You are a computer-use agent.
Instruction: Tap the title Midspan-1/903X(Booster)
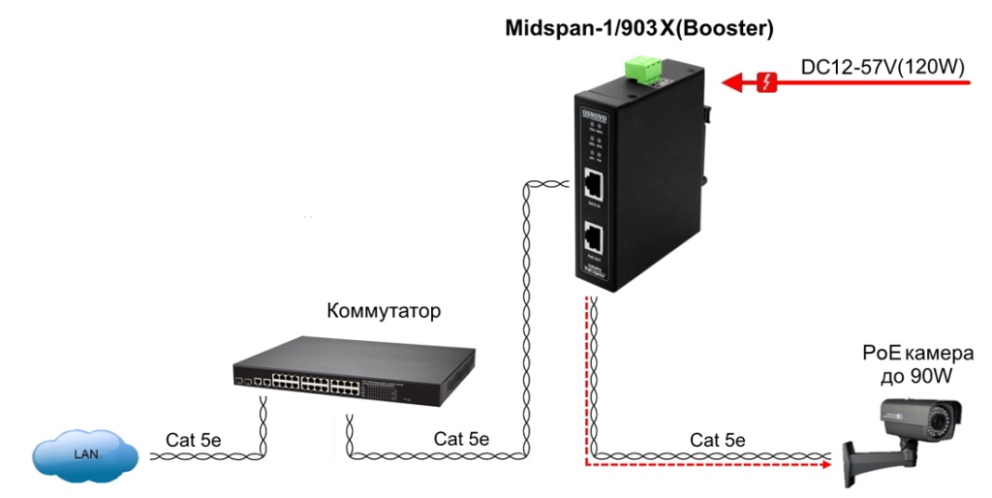click(639, 29)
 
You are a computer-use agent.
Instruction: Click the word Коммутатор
click(385, 312)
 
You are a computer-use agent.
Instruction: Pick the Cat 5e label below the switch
click(461, 439)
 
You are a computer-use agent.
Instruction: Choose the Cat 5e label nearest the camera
click(718, 440)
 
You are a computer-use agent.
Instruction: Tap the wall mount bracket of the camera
click(858, 464)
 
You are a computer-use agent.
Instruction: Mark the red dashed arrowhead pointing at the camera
click(825, 464)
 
